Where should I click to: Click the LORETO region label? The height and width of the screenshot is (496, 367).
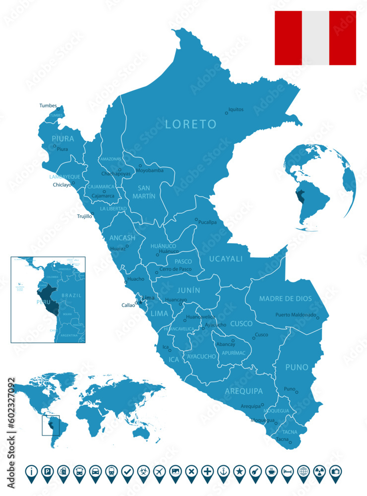[x=191, y=124]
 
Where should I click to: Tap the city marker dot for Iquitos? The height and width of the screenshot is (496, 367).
[x=227, y=113]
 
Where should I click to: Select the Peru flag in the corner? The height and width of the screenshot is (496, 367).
[x=315, y=38]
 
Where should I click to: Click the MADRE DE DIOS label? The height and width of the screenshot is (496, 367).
[x=286, y=299]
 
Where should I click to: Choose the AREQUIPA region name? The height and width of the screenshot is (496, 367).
[x=244, y=391]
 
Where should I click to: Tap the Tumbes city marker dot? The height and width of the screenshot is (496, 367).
[x=58, y=109]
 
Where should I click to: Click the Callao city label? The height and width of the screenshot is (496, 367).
[x=128, y=305]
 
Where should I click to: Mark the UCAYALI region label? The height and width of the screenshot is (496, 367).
[x=226, y=258]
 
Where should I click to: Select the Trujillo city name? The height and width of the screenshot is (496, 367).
[x=84, y=216]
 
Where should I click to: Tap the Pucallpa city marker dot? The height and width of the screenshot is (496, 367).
[x=196, y=219]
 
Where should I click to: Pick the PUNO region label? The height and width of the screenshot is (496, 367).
[x=297, y=368]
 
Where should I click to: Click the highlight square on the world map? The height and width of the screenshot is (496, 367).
[x=51, y=426]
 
